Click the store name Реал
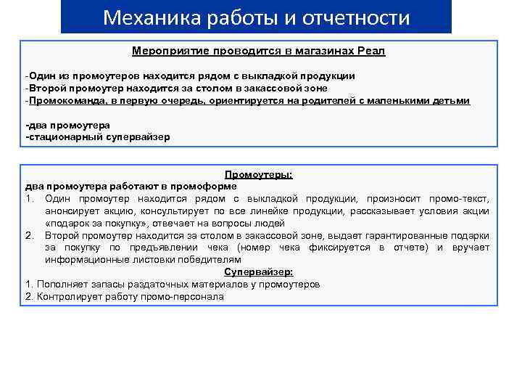pos(370,52)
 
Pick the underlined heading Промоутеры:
pos(259,175)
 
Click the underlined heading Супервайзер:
pos(259,271)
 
